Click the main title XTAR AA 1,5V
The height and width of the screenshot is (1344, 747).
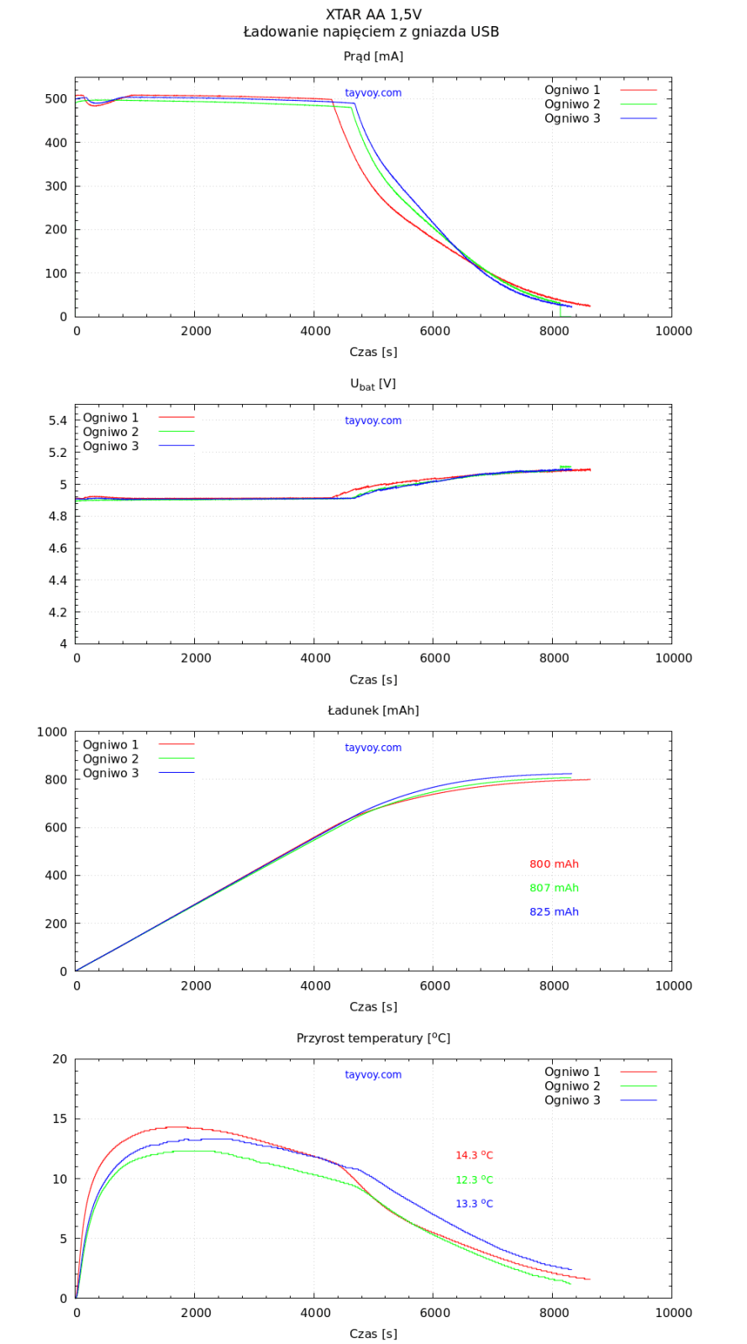373,14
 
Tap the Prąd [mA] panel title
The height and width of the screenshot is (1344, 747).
373,56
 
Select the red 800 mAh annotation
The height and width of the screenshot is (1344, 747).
554,864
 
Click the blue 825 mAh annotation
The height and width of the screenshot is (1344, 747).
554,912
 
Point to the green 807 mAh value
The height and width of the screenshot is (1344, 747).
554,888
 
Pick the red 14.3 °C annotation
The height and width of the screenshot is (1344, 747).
474,1156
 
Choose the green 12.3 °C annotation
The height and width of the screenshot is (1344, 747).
474,1180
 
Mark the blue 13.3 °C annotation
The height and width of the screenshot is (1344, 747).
474,1205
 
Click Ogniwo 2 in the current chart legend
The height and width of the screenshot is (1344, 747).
572,104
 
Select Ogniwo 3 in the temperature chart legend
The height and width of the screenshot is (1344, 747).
572,1100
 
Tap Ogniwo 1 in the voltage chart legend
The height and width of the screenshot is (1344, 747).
111,417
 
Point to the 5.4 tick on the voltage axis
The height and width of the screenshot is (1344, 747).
56,421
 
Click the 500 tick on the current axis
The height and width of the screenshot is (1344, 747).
56,99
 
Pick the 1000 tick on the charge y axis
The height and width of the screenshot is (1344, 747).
52,732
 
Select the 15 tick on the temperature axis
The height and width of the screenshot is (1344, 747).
60,1119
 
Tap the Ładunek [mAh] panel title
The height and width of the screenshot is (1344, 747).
373,711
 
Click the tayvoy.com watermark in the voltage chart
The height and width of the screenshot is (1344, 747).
373,421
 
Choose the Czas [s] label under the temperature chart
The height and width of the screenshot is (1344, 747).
373,1334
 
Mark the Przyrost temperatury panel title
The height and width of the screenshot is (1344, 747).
373,1038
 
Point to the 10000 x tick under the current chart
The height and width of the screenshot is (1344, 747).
673,331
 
